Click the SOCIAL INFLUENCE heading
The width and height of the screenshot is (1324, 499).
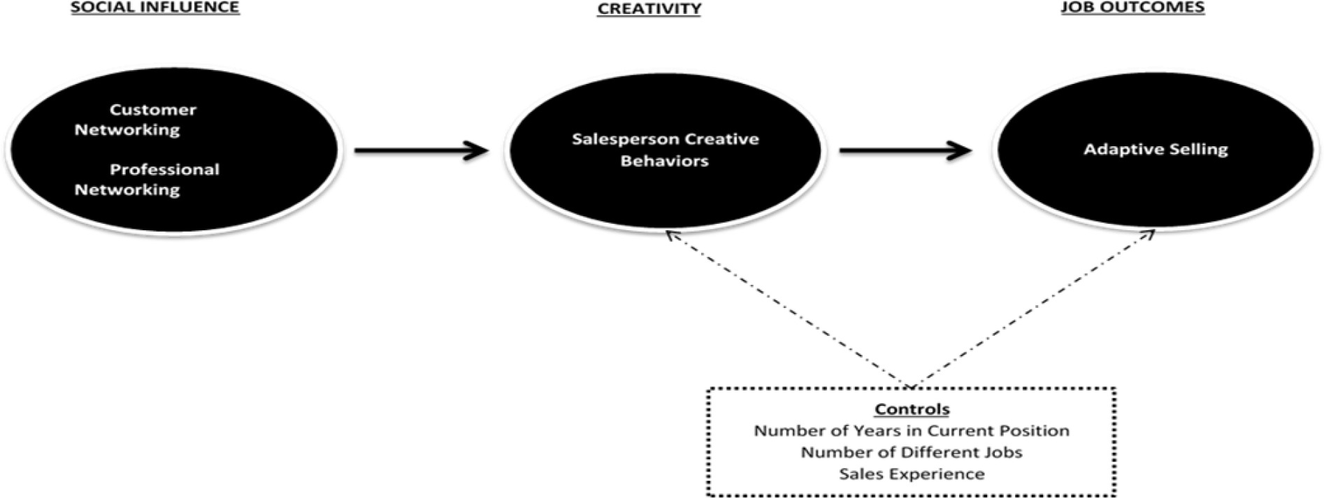(x=154, y=8)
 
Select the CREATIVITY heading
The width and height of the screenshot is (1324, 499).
(x=649, y=8)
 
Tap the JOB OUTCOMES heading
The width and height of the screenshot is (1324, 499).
(x=1132, y=8)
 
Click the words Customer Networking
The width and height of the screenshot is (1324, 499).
(x=136, y=120)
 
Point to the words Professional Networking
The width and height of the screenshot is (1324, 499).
(x=146, y=180)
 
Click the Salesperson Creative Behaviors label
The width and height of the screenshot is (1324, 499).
(x=665, y=150)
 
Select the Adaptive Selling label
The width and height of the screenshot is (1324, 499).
(x=1156, y=149)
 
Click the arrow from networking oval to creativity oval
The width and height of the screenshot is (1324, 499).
(x=420, y=150)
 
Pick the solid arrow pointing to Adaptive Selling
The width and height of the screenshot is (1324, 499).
(x=905, y=150)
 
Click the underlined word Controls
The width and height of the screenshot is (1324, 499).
(x=912, y=409)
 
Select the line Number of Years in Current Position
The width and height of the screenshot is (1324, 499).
(x=912, y=431)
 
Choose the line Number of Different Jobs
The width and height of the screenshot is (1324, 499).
(x=912, y=453)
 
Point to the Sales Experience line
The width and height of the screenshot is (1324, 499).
(x=912, y=475)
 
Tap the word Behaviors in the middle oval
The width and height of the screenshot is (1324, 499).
(x=665, y=161)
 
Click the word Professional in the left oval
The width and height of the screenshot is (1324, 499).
(x=164, y=169)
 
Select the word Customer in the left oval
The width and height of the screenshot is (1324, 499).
(x=153, y=110)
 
